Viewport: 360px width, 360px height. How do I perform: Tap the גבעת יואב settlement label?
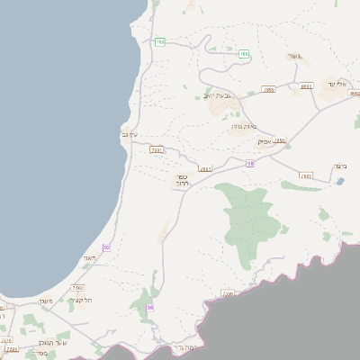point(217,94)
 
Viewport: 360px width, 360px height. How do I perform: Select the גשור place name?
point(298,58)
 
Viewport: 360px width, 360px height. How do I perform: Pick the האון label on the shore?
point(88,258)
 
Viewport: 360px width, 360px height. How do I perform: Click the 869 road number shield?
point(268,89)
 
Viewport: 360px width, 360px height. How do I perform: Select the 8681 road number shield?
point(306,86)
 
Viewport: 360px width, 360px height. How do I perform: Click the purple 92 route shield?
point(106,247)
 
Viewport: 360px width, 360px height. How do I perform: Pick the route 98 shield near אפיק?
point(250,163)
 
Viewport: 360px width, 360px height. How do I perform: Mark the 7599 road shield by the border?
point(228,292)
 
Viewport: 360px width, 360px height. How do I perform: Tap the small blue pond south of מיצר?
point(339,181)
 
